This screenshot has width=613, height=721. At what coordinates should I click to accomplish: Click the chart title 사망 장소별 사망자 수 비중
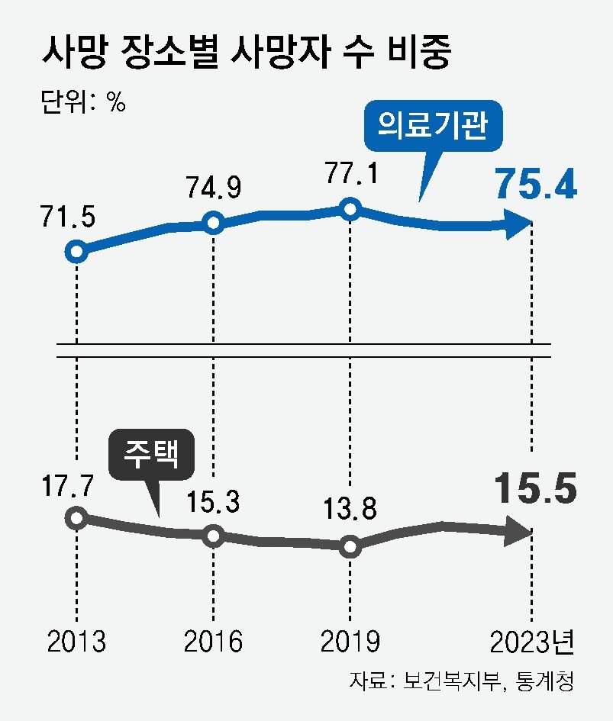pyautogui.click(x=247, y=54)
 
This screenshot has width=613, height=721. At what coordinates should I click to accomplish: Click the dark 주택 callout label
pyautogui.click(x=151, y=455)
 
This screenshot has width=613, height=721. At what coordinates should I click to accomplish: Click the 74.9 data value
pyautogui.click(x=214, y=186)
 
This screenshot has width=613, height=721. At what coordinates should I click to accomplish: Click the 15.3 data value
pyautogui.click(x=214, y=502)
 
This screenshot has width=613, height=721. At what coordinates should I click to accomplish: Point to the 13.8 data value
pyautogui.click(x=350, y=510)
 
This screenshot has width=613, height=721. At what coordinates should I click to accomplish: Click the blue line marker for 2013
pyautogui.click(x=76, y=251)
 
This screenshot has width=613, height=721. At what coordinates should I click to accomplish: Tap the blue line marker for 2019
pyautogui.click(x=350, y=208)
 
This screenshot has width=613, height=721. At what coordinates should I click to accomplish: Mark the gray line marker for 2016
pyautogui.click(x=215, y=536)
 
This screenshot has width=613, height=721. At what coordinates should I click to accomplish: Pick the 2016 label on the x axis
pyautogui.click(x=214, y=641)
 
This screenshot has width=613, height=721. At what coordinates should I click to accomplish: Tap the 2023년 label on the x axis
pyautogui.click(x=532, y=641)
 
